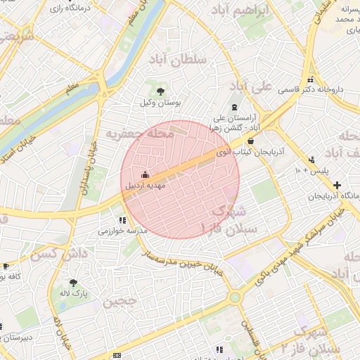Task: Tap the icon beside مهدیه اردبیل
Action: coord(146,174)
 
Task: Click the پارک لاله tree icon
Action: coord(73,283)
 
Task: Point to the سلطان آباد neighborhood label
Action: coord(178,60)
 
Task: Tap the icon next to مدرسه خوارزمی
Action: coord(123,219)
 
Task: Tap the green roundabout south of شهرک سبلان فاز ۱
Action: coord(234,297)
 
